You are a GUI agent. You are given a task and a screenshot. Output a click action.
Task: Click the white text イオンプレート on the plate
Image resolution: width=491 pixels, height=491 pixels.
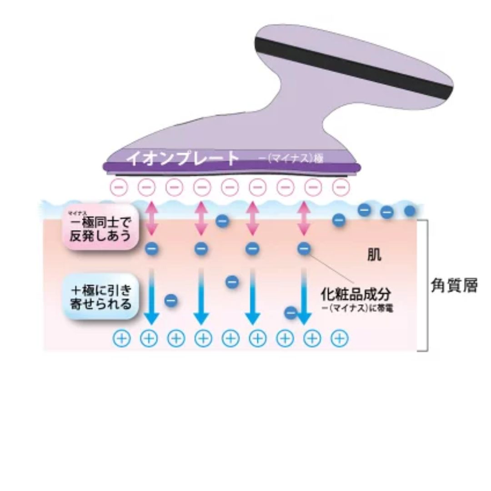click(x=182, y=158)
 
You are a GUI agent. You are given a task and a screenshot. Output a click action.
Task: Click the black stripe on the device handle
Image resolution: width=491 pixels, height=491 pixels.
click(x=355, y=64)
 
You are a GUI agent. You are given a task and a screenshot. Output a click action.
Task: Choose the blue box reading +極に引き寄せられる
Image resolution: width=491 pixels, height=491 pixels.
click(x=100, y=297)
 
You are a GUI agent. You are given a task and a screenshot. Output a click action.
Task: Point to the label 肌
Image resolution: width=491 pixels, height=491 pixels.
click(x=374, y=255)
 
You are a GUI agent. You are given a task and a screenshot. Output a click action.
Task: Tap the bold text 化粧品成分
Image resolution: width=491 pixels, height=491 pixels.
click(x=356, y=294)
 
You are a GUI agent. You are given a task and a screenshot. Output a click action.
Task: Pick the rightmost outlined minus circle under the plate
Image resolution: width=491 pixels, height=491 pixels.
click(x=341, y=186)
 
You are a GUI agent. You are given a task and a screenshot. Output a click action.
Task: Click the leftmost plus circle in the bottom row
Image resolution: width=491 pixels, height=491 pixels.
click(x=121, y=338)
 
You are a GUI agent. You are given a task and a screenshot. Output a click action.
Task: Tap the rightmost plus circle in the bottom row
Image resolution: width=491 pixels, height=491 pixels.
click(x=340, y=338)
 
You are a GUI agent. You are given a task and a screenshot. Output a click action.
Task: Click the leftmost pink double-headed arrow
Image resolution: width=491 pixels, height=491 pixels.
click(x=151, y=219)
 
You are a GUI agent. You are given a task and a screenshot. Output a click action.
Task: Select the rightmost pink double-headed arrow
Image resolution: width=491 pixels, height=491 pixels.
click(x=303, y=219)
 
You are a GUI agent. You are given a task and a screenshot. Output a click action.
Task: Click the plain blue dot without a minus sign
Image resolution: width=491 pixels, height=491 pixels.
click(x=410, y=211)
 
